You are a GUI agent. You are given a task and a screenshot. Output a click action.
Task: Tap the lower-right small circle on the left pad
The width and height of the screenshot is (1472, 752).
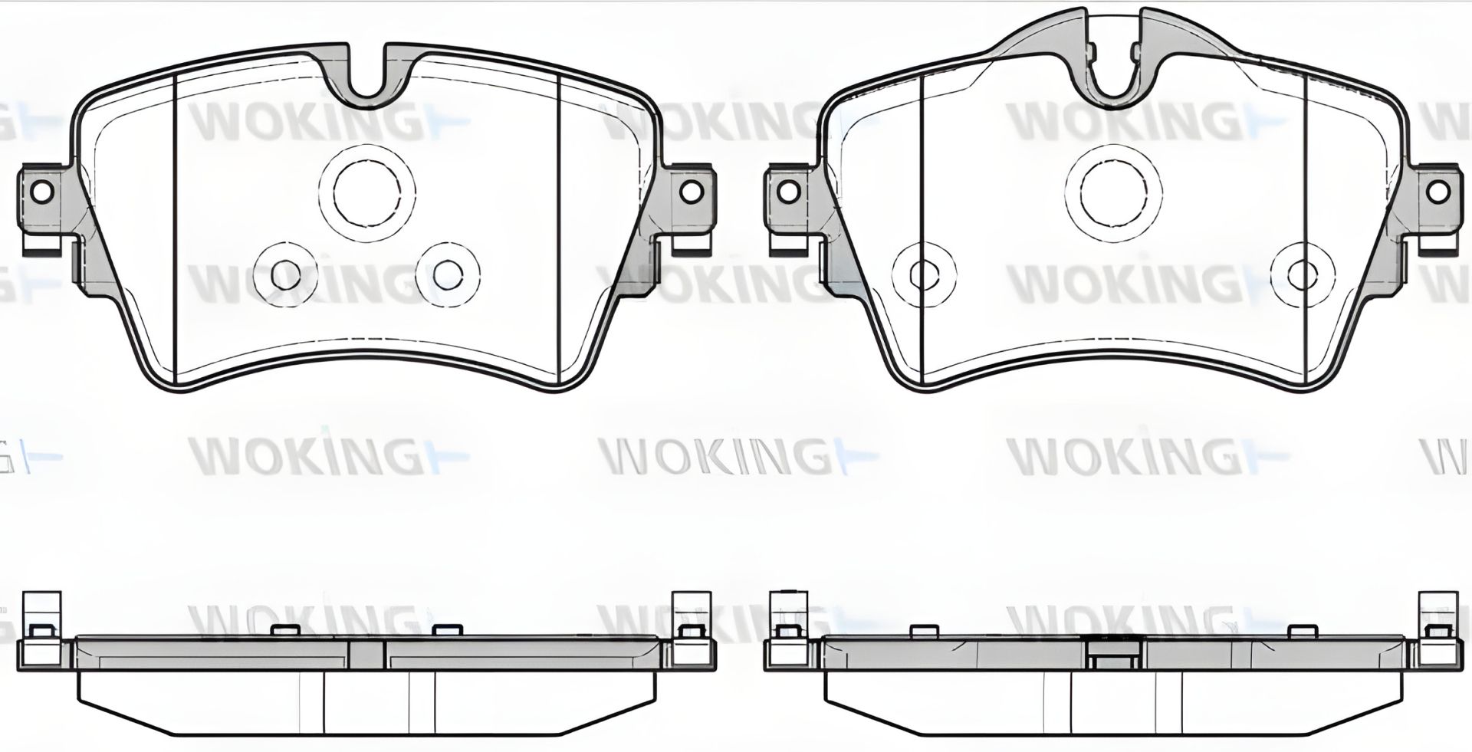[448, 273]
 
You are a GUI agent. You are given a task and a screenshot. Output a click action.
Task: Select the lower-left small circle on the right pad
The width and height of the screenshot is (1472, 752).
[925, 273]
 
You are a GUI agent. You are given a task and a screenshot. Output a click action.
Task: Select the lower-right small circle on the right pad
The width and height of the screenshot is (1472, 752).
[1302, 274]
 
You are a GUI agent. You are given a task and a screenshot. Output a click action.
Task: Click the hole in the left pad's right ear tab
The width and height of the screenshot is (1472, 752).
[690, 191]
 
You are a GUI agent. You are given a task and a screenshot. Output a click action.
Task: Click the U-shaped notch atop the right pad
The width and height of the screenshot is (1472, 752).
[1114, 77]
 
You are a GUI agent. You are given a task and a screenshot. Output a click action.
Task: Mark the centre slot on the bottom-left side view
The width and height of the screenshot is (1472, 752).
[366, 653]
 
